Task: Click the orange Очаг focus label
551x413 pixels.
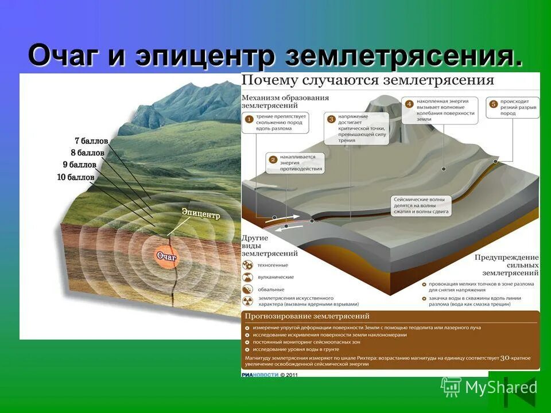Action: click(167, 256)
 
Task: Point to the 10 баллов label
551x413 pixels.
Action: click(75, 177)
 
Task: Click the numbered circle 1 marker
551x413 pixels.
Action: click(249, 119)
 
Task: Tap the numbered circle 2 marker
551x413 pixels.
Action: click(273, 159)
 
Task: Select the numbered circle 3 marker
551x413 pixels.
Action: click(331, 119)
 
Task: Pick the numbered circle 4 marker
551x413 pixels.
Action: click(409, 104)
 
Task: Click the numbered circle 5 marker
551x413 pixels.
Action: click(493, 104)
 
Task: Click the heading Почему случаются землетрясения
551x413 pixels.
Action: click(367, 80)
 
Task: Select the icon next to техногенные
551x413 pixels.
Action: click(248, 265)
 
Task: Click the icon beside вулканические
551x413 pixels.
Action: click(248, 277)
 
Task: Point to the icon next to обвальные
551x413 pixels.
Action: click(248, 290)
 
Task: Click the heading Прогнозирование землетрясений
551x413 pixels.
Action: click(307, 316)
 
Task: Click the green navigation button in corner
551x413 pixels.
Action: click(515, 392)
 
